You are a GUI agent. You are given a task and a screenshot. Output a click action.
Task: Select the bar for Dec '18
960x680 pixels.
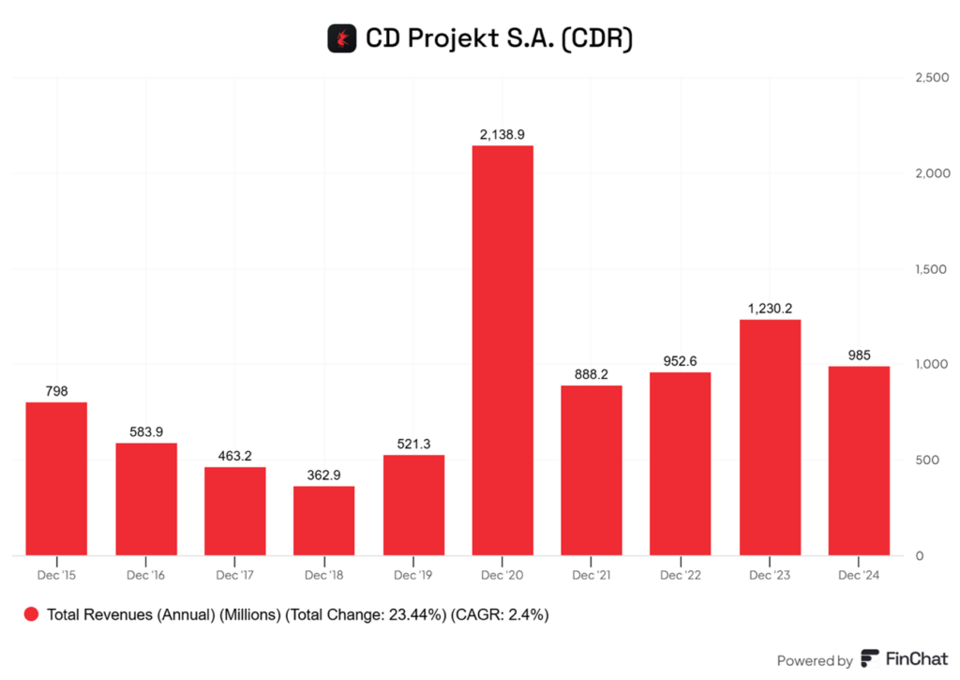point(323,520)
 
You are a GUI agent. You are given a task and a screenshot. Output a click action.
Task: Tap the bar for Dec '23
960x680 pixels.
point(770,437)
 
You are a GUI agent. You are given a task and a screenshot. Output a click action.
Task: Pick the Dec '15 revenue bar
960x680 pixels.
point(56,478)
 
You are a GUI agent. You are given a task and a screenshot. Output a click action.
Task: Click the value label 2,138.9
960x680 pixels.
point(502,135)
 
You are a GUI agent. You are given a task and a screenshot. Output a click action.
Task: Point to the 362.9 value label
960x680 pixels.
point(323,475)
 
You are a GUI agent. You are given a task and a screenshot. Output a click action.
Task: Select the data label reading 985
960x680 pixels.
point(859,355)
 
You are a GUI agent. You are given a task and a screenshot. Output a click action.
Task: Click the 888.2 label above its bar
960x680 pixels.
point(592,373)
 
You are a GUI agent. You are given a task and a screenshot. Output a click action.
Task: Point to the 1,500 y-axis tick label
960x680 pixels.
point(931,269)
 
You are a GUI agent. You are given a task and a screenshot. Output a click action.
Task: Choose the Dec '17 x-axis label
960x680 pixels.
point(234,574)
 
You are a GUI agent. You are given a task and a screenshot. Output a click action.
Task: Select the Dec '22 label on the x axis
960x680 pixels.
point(681,574)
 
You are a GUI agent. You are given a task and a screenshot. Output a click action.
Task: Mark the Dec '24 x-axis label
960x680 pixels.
point(859,574)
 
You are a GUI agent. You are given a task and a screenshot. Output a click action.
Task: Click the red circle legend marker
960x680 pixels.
point(31,615)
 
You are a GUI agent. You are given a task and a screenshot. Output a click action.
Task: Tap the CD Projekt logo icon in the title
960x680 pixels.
point(340,38)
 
